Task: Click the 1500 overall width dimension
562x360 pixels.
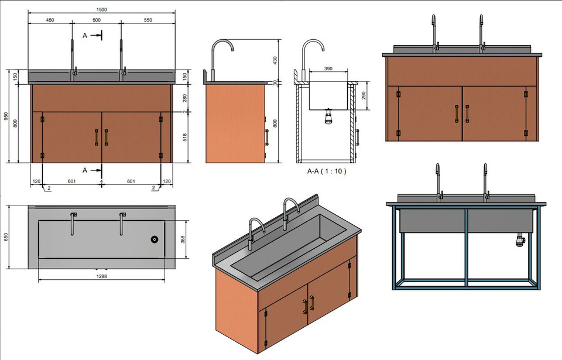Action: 103,10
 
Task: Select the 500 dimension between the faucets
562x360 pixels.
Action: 97,20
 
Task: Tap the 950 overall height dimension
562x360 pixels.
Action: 6,116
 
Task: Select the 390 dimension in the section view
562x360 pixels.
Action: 328,68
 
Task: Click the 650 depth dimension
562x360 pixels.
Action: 6,237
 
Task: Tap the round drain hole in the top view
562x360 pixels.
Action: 155,239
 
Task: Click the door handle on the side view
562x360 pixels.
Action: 266,137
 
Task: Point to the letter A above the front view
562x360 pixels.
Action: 85,36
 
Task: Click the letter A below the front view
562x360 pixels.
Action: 85,170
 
